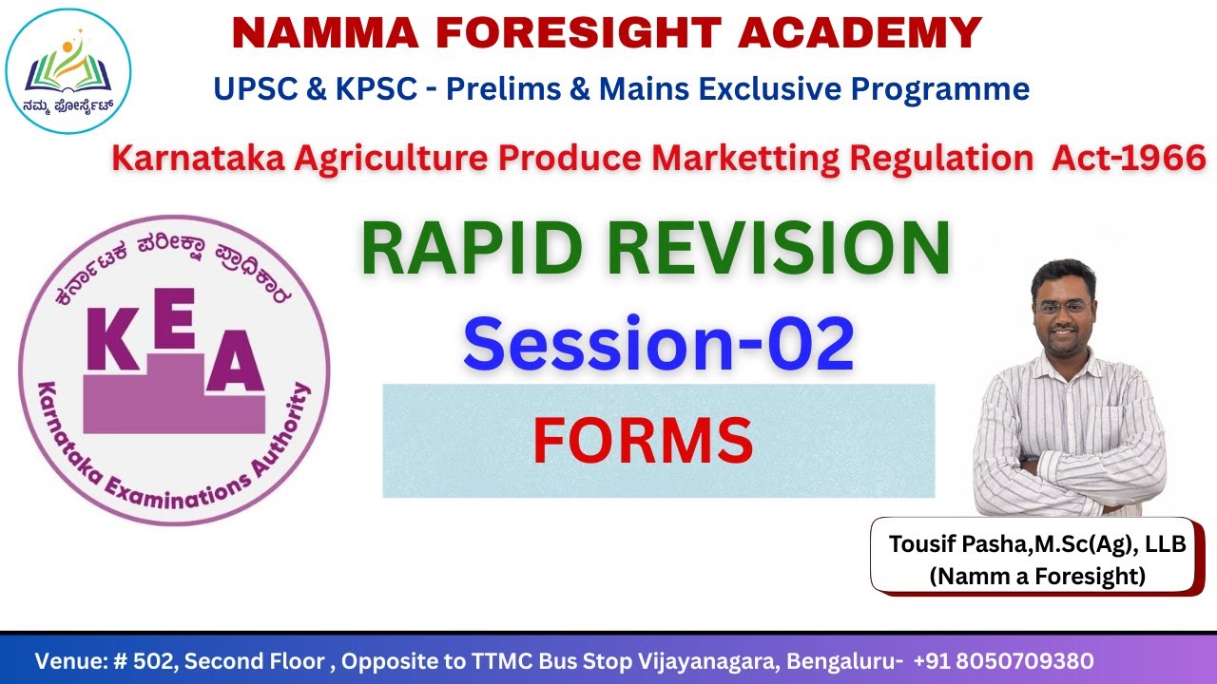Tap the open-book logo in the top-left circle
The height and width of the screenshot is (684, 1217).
[68, 68]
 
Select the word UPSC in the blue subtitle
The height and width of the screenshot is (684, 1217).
[250, 88]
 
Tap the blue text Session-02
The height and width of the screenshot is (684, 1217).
[658, 344]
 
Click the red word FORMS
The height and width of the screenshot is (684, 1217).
[643, 441]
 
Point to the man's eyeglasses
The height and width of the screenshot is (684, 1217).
[1064, 307]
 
